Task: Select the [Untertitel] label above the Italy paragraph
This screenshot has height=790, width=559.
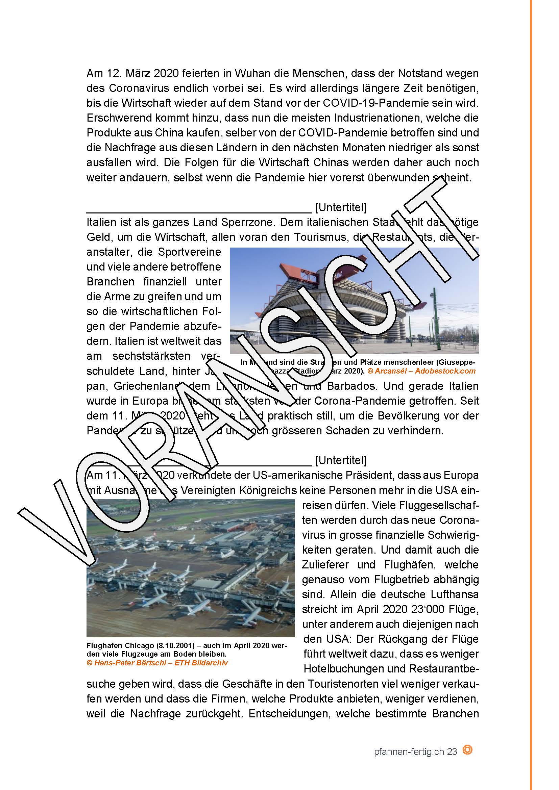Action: (341, 207)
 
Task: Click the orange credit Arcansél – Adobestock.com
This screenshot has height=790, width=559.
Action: (422, 371)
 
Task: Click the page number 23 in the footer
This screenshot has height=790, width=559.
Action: (452, 751)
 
